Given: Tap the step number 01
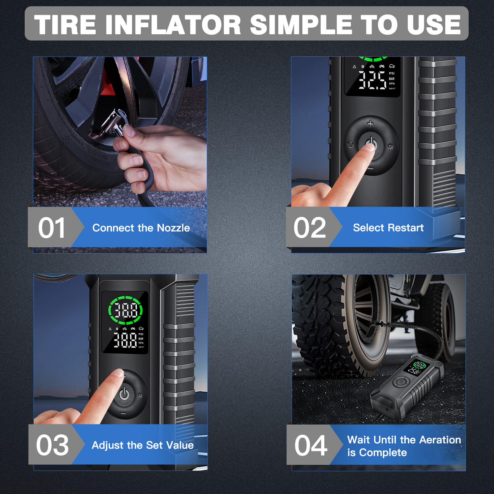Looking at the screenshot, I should (x=51, y=228).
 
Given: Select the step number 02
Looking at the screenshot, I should (x=310, y=228).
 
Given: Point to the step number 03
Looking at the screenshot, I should (x=52, y=445).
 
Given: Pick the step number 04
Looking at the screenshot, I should (x=311, y=445).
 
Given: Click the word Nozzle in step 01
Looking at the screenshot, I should (x=173, y=228).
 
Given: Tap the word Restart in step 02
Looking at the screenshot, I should (x=406, y=228).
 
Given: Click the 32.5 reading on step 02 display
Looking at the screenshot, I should (x=372, y=80).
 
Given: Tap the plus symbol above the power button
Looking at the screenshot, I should (x=370, y=123).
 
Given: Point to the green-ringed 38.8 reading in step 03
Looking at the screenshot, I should (x=125, y=310).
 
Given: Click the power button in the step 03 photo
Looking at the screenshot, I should (x=124, y=394).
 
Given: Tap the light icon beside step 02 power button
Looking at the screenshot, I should (x=390, y=147).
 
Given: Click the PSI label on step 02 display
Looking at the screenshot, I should (x=392, y=73).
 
